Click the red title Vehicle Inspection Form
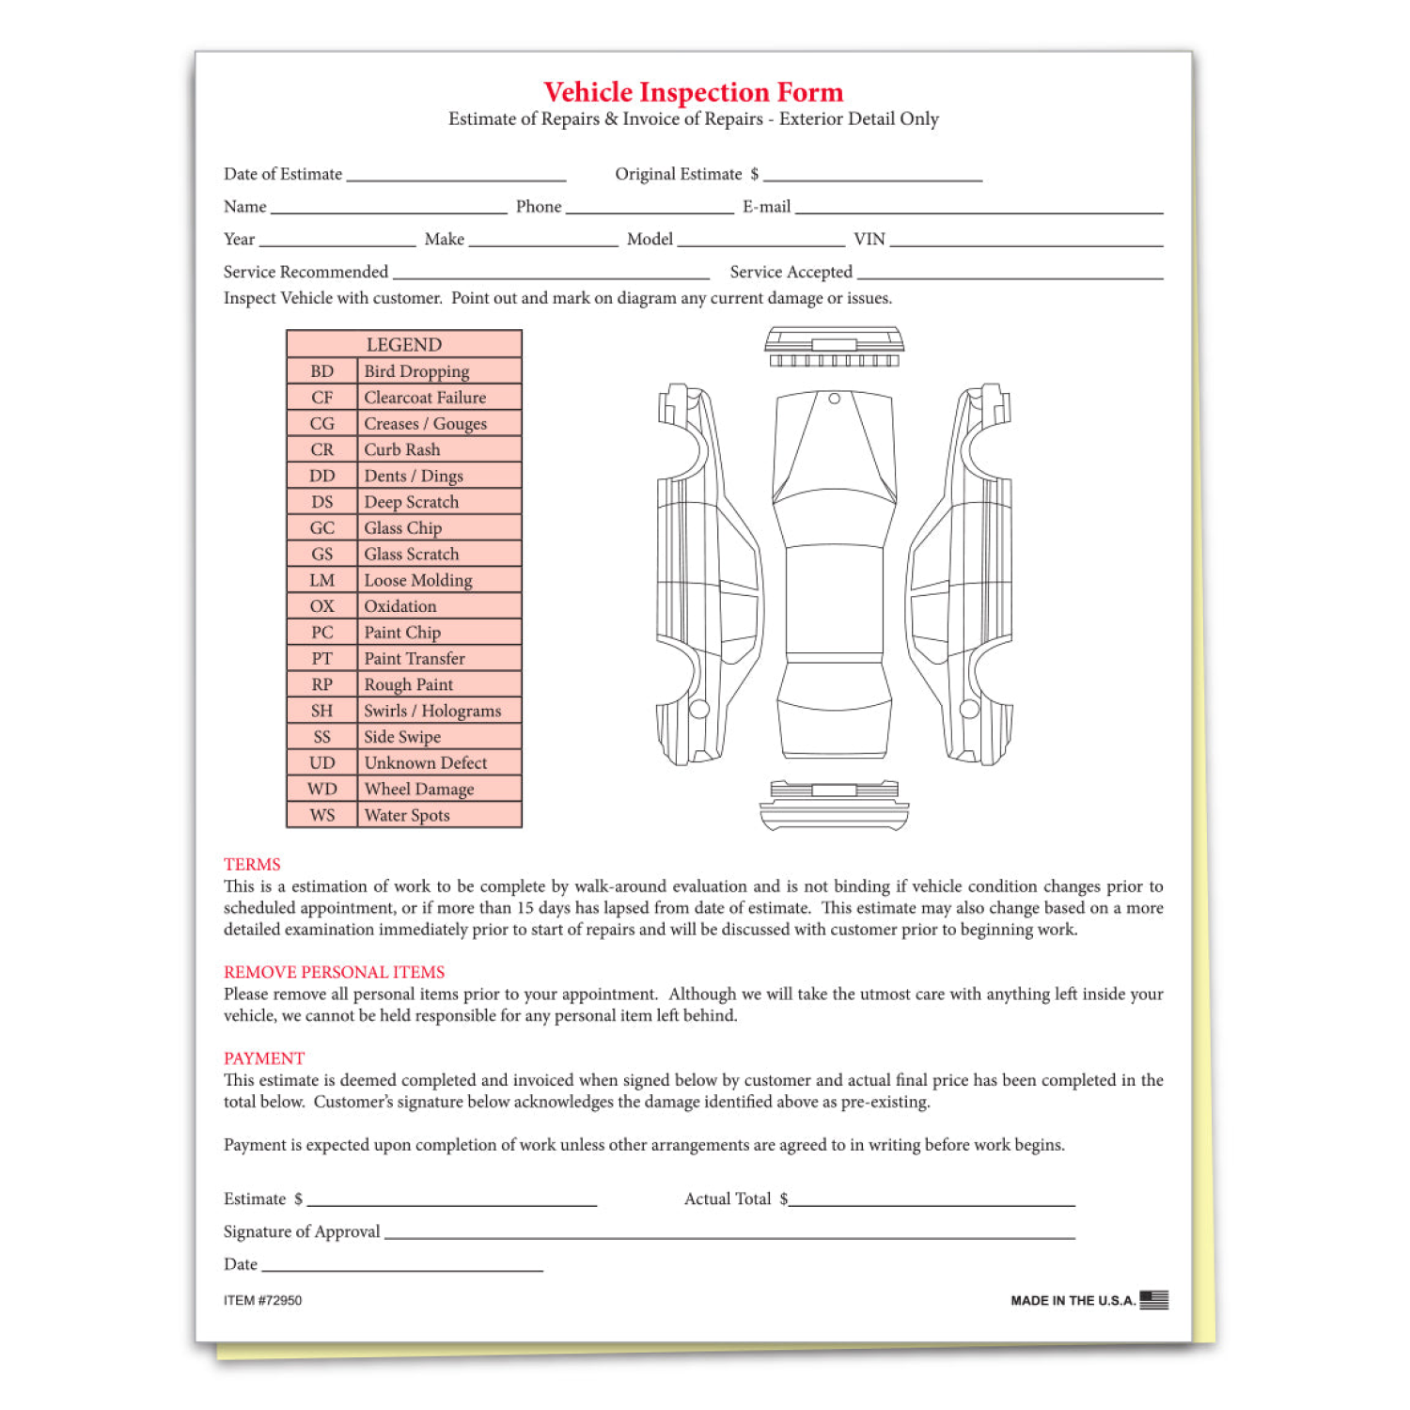pos(693,92)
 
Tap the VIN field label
pos(869,240)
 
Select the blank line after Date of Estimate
pos(456,177)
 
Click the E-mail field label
pos(766,207)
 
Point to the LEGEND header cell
pos(403,344)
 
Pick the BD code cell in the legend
pos(321,371)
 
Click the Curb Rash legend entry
pos(402,449)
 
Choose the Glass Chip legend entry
pos(402,528)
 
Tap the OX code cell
pos(321,606)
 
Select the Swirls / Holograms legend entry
pos(432,711)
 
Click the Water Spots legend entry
pos(407,815)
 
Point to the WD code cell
pos(321,789)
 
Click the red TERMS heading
pos(252,864)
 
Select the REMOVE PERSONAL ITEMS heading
pos(334,972)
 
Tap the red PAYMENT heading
pos(264,1058)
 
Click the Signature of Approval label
pos(302,1231)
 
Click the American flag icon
pos(1153,1299)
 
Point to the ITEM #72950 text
pos(262,1300)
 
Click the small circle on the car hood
pos(834,399)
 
